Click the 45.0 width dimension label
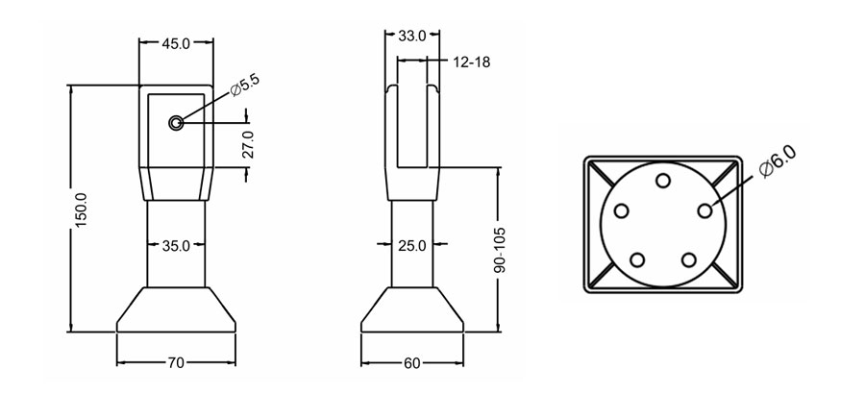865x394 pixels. point(174,43)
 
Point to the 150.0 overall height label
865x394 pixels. point(81,209)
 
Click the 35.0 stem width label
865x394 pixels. point(175,246)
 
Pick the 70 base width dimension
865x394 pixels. point(175,363)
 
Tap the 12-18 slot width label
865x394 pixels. point(470,62)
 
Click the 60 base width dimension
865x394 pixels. point(411,363)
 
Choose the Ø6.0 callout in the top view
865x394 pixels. point(778,159)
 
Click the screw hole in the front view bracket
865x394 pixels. point(176,123)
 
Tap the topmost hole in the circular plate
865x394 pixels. point(663,181)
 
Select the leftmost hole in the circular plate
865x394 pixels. point(621,210)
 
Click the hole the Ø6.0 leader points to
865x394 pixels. point(705,209)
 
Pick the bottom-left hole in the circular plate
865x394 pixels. point(637,259)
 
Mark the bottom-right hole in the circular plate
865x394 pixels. point(689,259)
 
